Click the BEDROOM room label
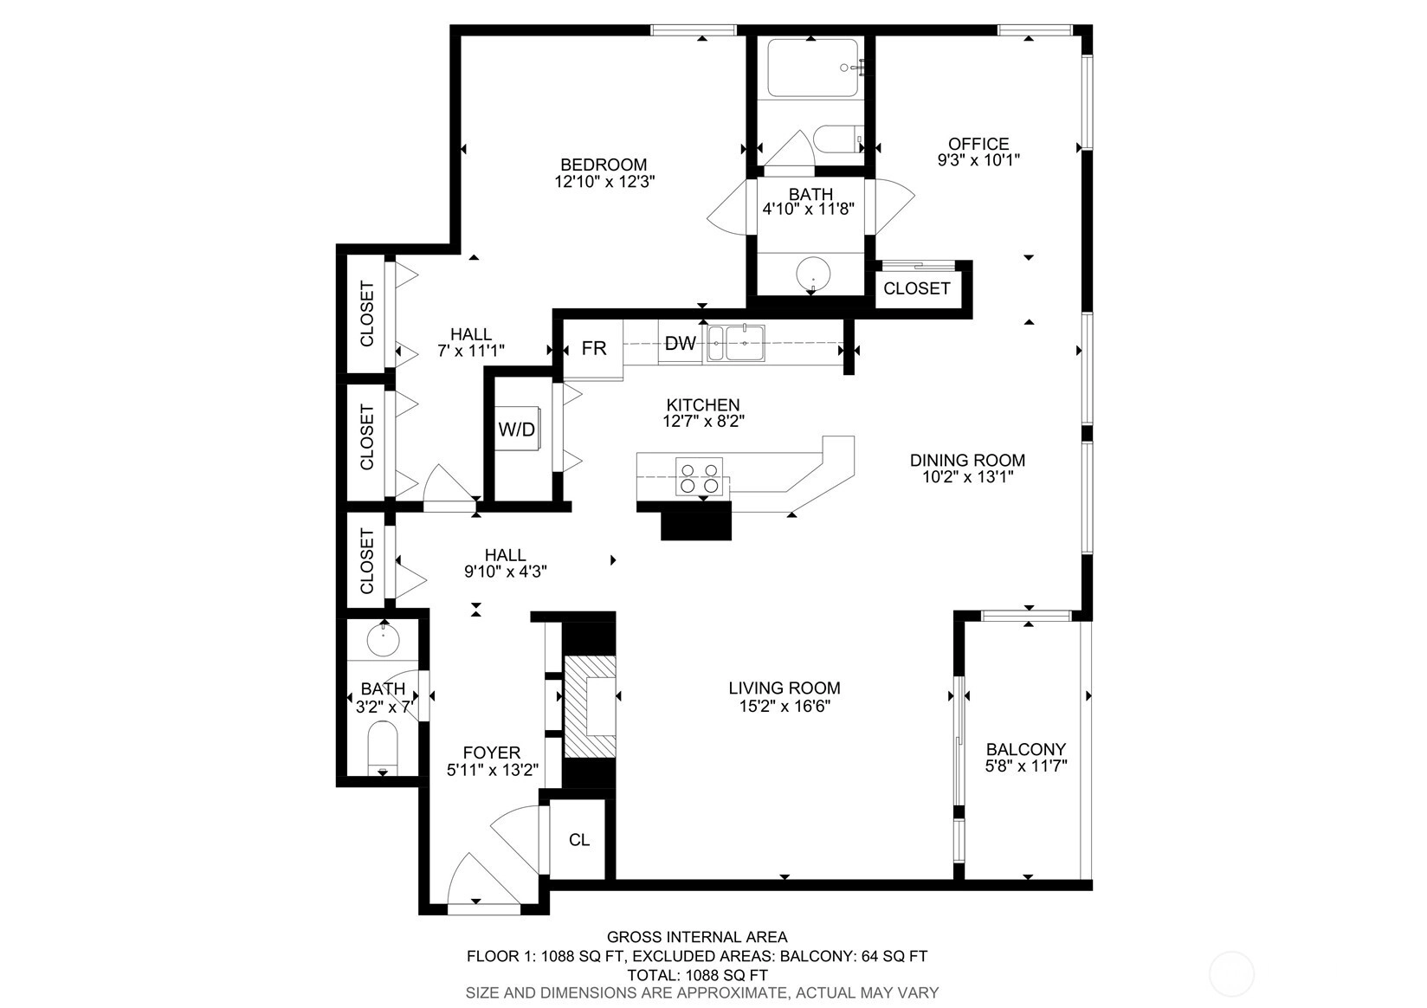click(x=604, y=165)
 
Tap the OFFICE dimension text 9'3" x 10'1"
click(x=978, y=160)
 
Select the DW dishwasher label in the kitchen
click(x=680, y=344)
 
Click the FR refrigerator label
click(x=594, y=348)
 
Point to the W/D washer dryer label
click(x=517, y=430)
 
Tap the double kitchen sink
click(x=735, y=344)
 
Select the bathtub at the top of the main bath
click(x=811, y=68)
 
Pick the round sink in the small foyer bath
click(x=383, y=639)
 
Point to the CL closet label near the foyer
click(x=579, y=840)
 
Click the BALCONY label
click(x=1025, y=749)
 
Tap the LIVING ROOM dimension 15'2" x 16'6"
click(x=785, y=706)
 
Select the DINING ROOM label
click(x=967, y=460)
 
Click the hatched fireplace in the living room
click(x=590, y=707)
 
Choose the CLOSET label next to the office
click(x=917, y=288)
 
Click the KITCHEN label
click(x=702, y=404)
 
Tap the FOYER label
click(x=492, y=753)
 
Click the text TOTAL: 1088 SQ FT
click(x=697, y=975)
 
